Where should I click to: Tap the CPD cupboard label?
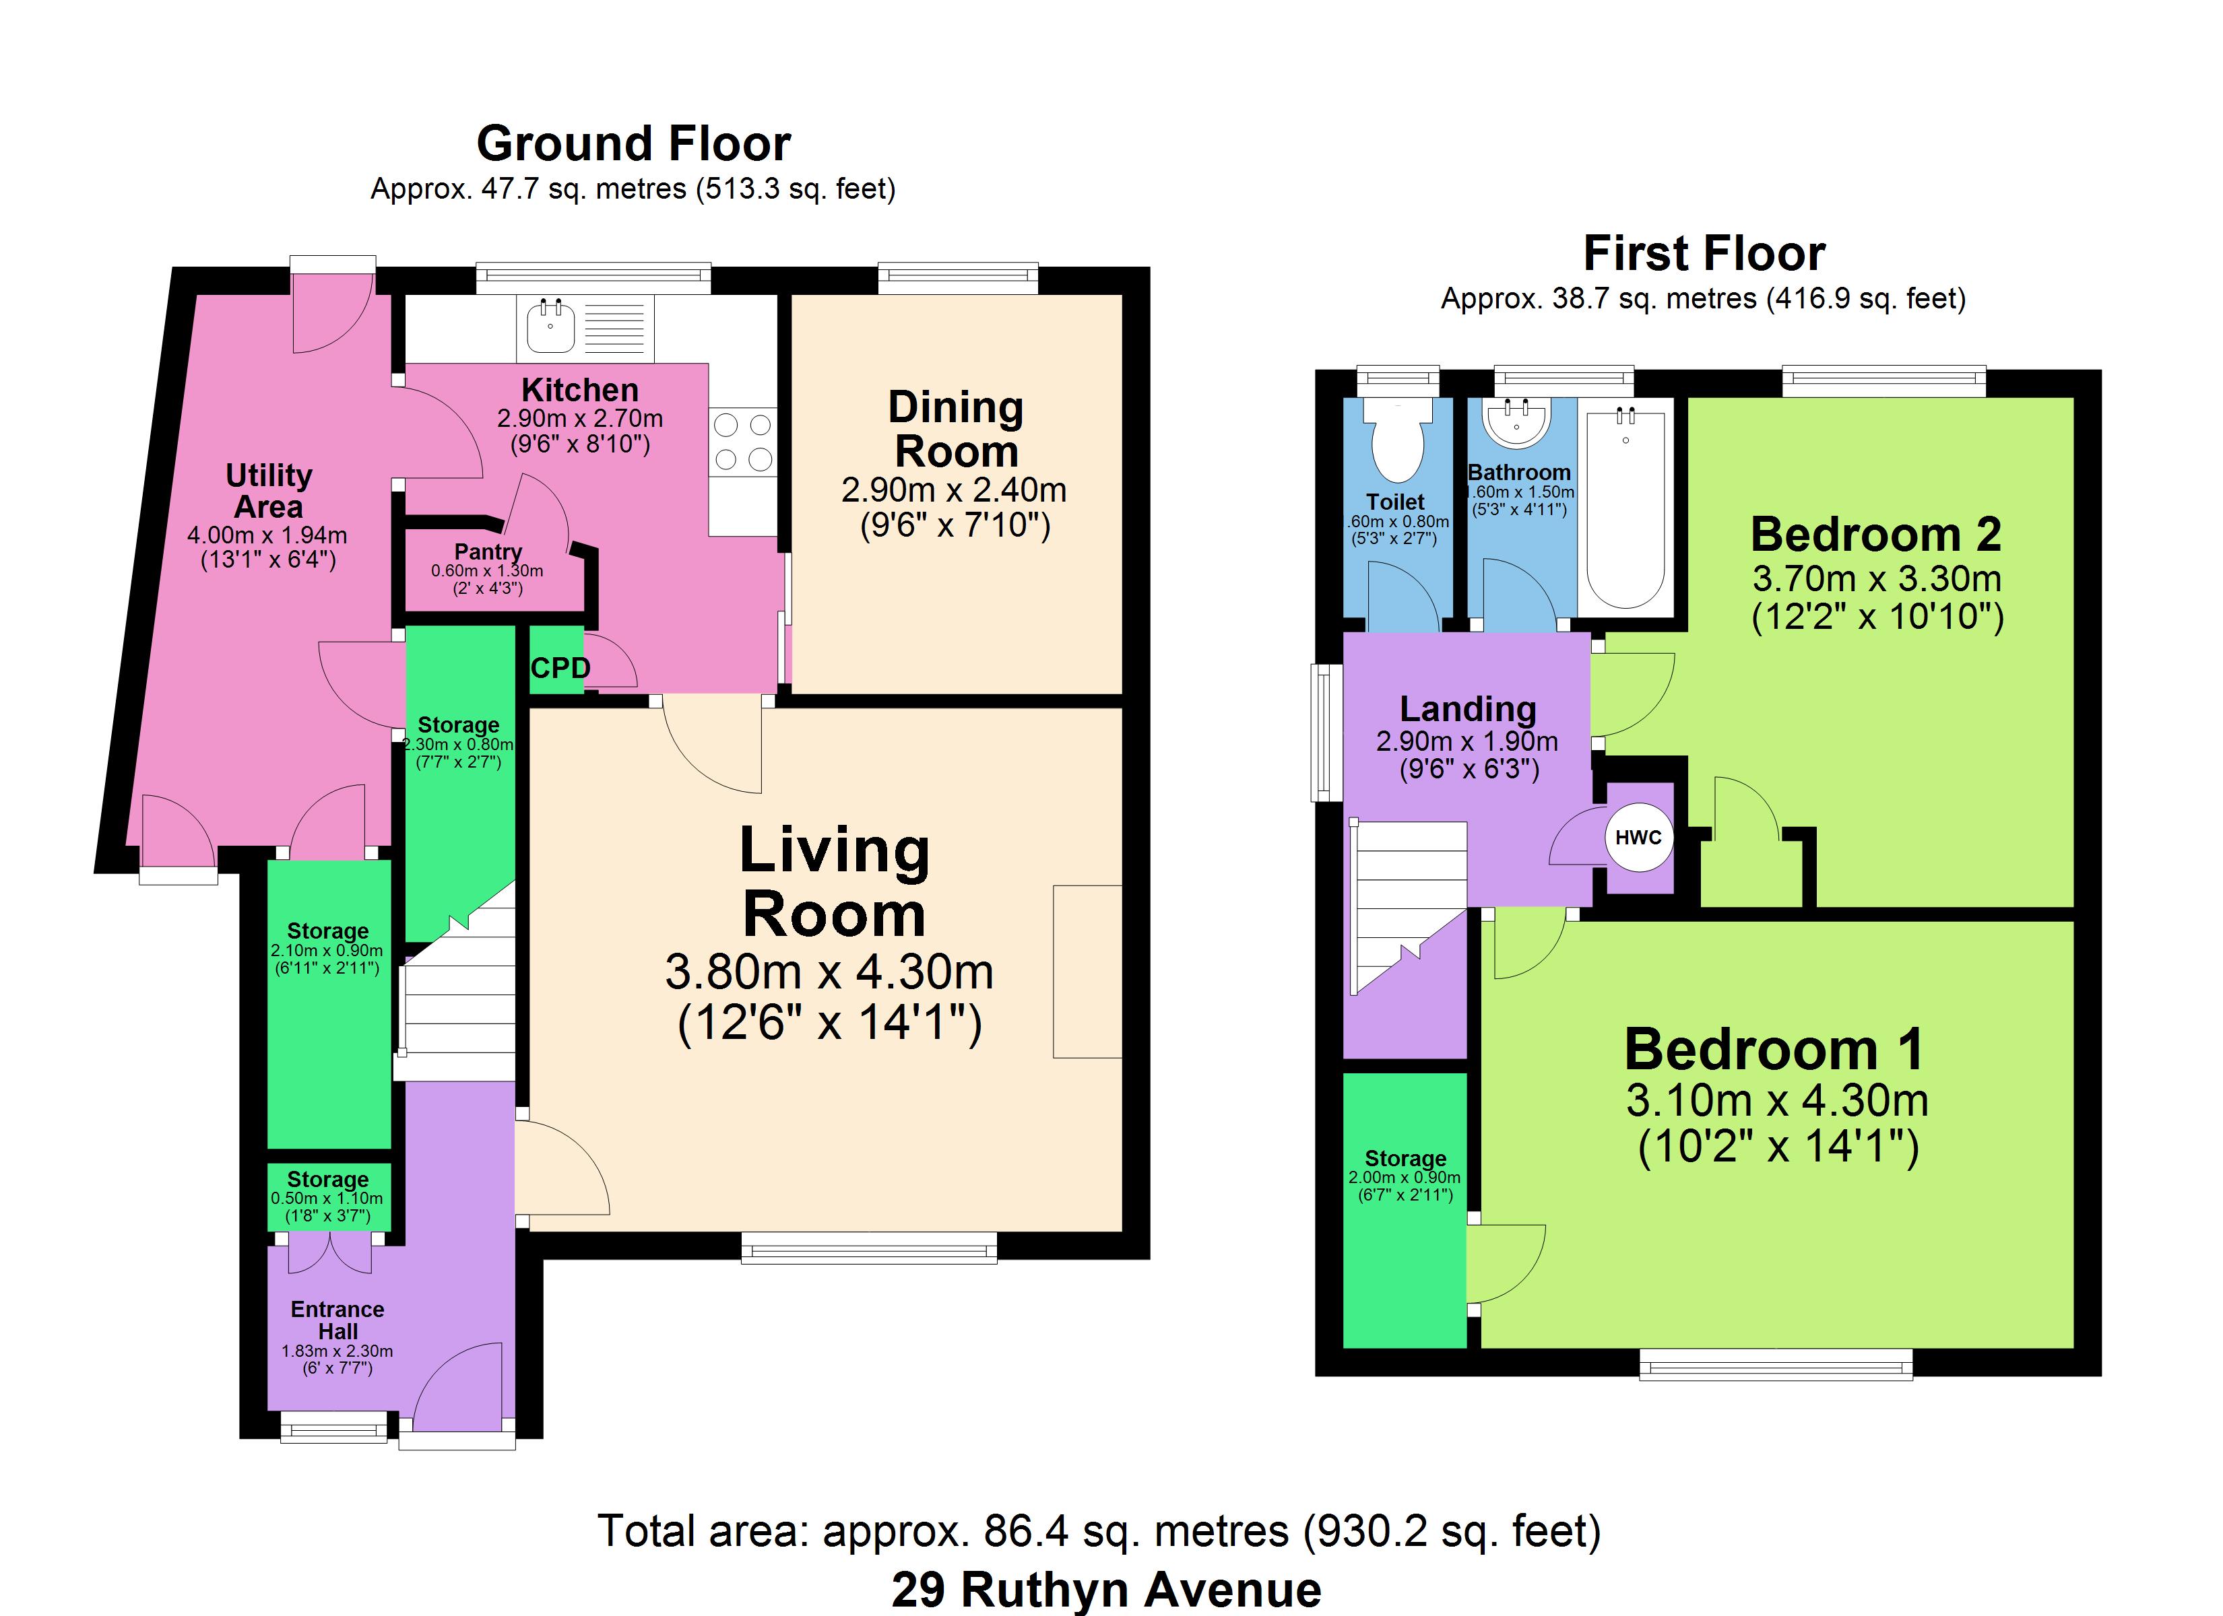click(560, 669)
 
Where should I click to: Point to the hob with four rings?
click(743, 442)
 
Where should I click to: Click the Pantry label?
click(488, 551)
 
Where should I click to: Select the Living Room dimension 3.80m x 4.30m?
click(829, 972)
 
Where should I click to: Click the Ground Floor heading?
click(633, 144)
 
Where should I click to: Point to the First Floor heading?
click(1704, 254)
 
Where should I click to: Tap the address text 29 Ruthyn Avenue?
click(1107, 1590)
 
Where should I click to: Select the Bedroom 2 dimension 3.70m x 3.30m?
click(1877, 578)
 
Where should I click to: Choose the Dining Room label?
click(956, 429)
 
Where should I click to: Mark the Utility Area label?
click(269, 491)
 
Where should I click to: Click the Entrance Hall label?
click(337, 1320)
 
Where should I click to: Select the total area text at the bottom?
click(1100, 1530)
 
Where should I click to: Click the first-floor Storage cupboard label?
click(1406, 1158)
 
